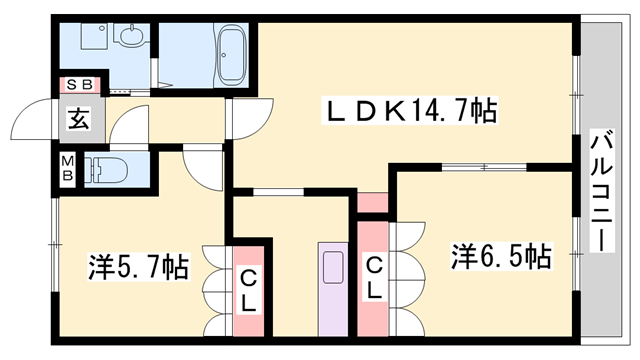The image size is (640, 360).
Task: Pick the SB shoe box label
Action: pyautogui.click(x=78, y=85)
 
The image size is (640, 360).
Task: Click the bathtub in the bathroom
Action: pyautogui.click(x=233, y=57)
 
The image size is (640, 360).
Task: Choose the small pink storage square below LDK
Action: pyautogui.click(x=372, y=204)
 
